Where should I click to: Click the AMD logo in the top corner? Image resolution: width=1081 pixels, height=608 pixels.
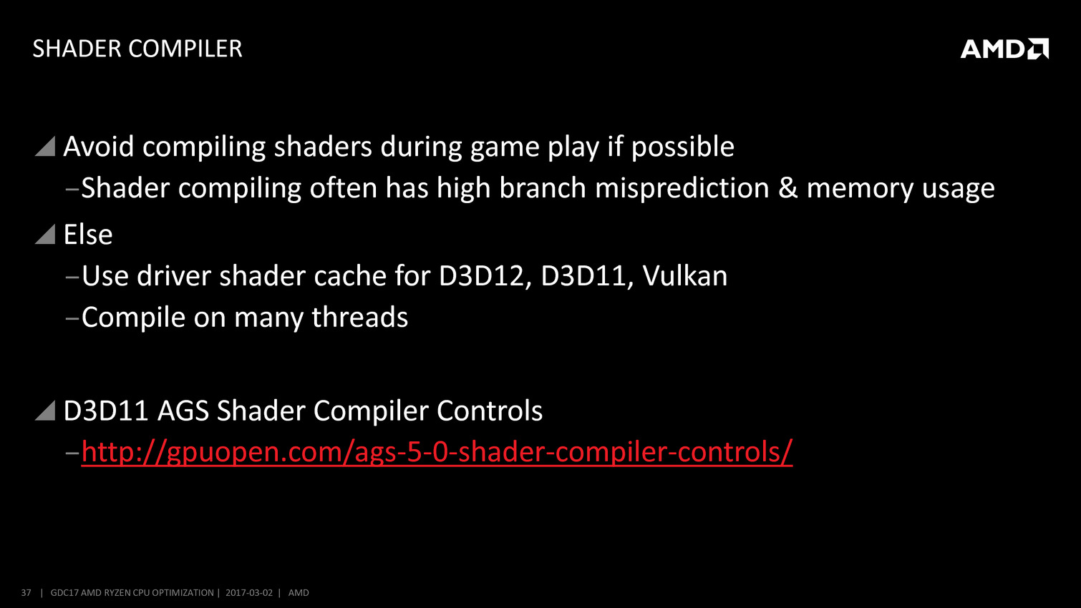click(1004, 49)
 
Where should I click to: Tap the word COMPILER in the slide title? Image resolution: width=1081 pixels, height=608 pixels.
click(185, 49)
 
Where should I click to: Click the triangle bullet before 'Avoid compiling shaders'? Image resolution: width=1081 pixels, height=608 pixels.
click(45, 146)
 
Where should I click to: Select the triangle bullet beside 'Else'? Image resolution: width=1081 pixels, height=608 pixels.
click(45, 235)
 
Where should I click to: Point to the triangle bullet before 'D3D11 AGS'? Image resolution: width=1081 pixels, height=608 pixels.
click(45, 411)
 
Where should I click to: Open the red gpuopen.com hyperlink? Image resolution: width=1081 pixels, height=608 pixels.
click(437, 452)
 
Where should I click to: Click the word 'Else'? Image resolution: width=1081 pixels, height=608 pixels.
click(88, 235)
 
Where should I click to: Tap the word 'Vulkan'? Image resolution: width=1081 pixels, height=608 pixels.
click(685, 276)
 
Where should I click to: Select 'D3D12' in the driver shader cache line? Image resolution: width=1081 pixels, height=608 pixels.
click(481, 277)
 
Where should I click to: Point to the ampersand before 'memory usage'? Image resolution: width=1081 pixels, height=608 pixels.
click(788, 189)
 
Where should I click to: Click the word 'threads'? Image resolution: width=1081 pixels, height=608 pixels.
click(359, 318)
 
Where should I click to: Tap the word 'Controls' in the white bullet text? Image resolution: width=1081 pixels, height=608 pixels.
click(490, 411)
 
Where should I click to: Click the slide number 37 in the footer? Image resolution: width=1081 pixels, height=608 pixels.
click(26, 592)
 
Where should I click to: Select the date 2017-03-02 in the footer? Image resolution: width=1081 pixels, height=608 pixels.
click(249, 592)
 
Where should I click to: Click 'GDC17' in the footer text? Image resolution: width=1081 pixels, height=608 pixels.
click(64, 592)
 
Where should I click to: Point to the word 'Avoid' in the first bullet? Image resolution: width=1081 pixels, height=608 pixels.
click(99, 147)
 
